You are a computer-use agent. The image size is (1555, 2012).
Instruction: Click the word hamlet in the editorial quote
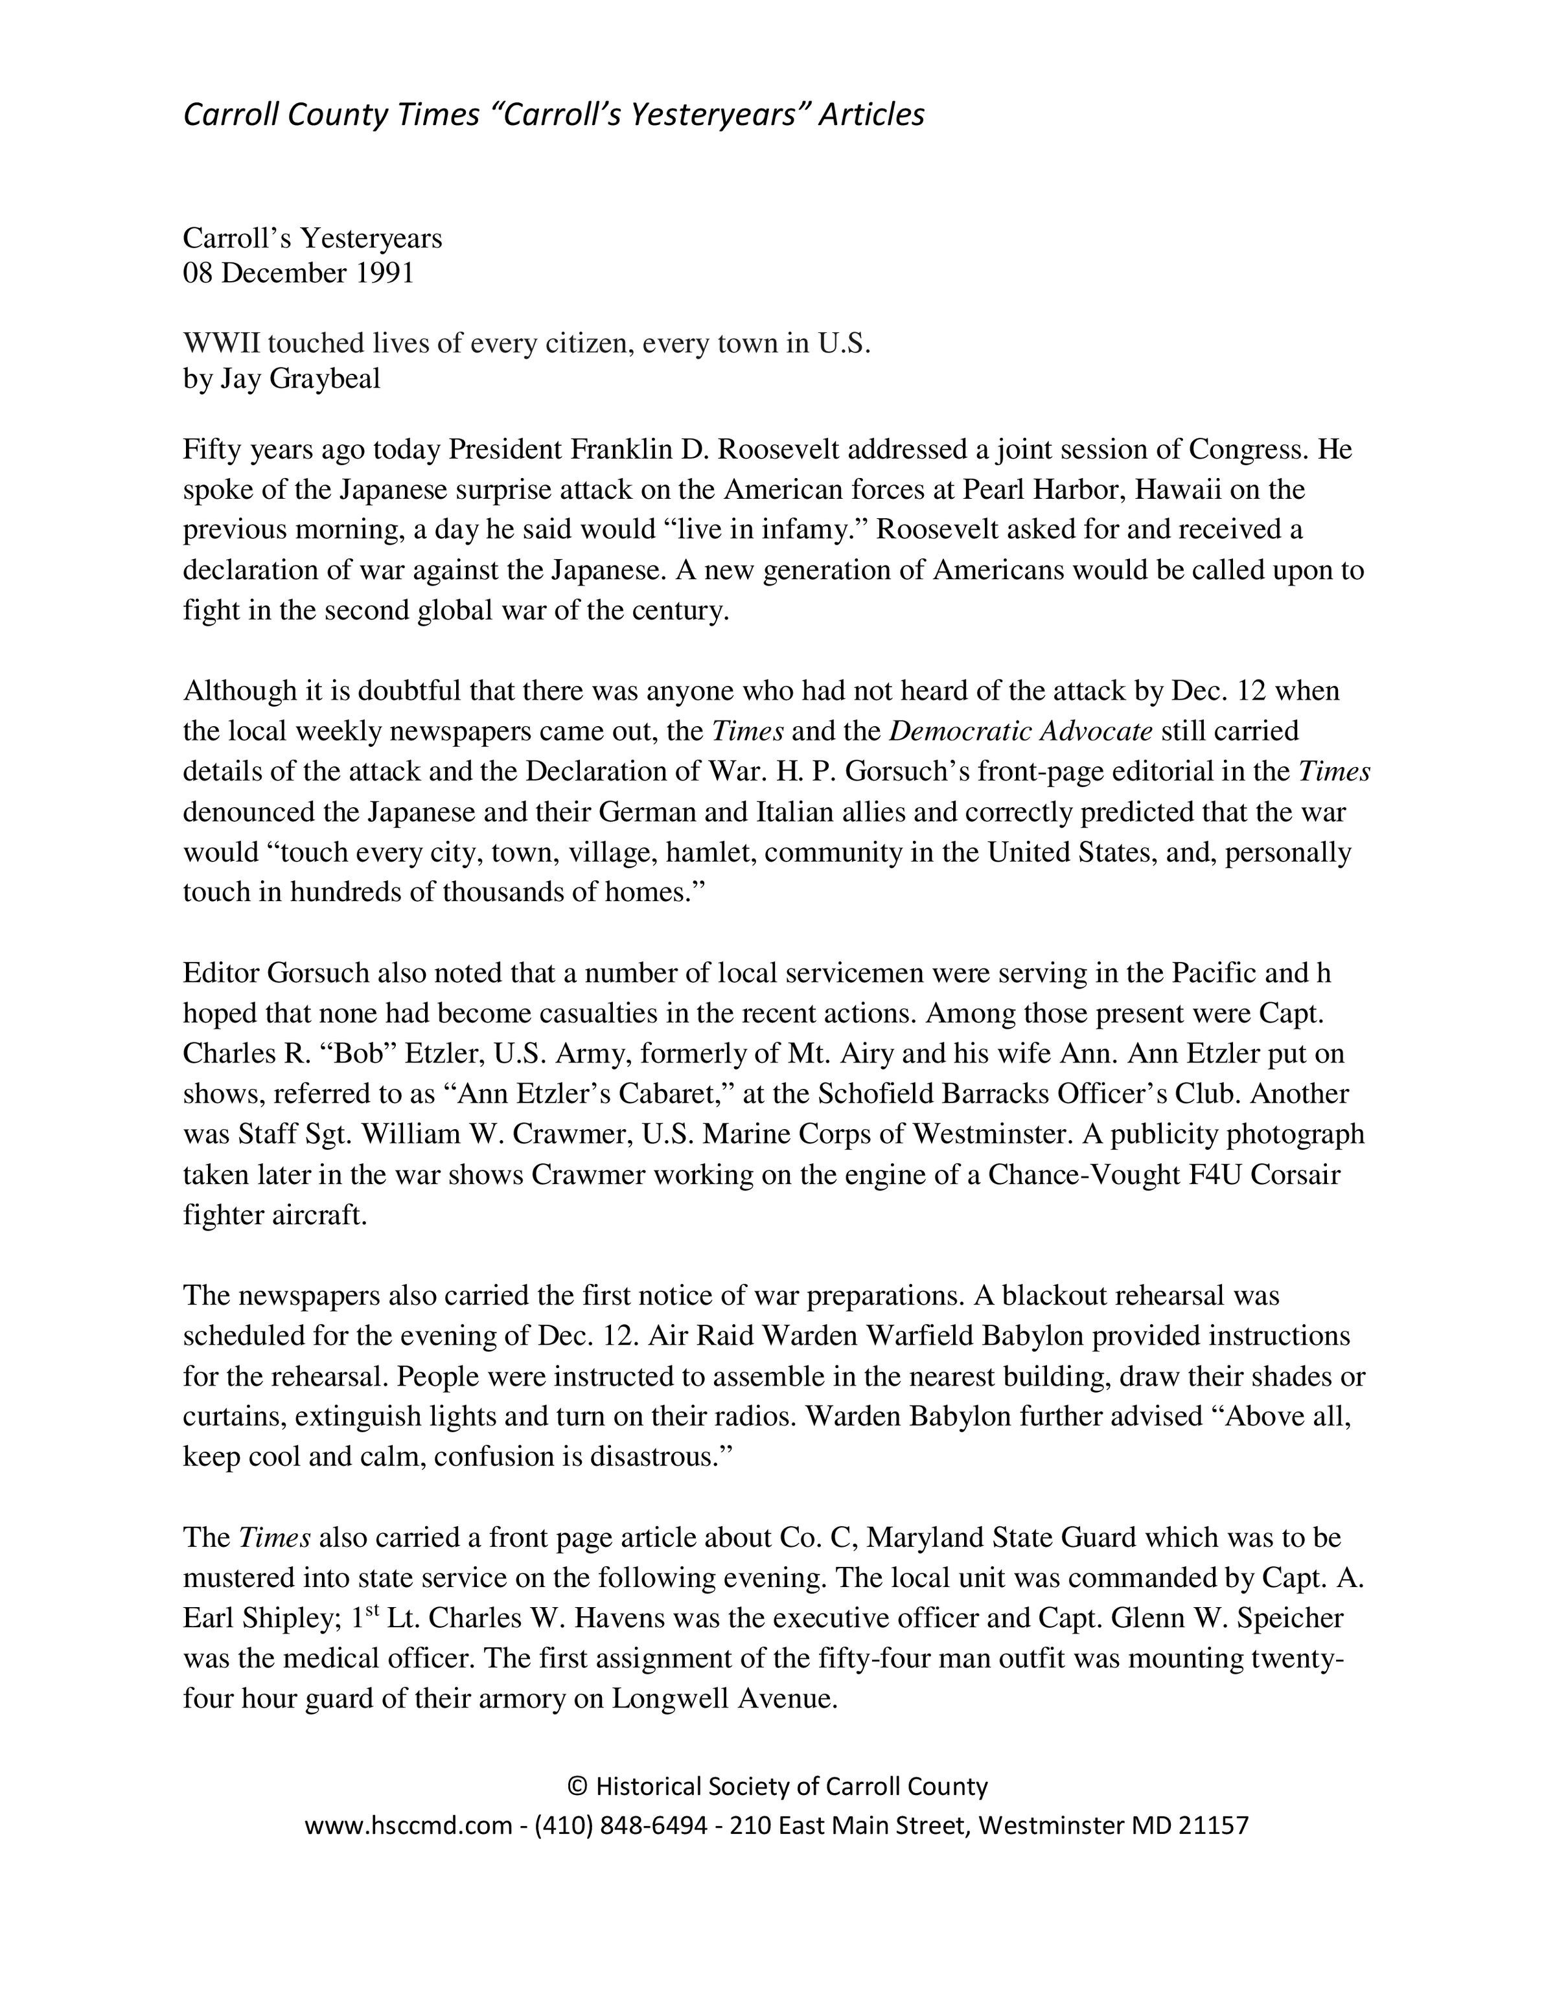[x=710, y=852]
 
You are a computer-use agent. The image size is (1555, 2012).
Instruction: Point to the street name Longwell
[x=670, y=1698]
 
